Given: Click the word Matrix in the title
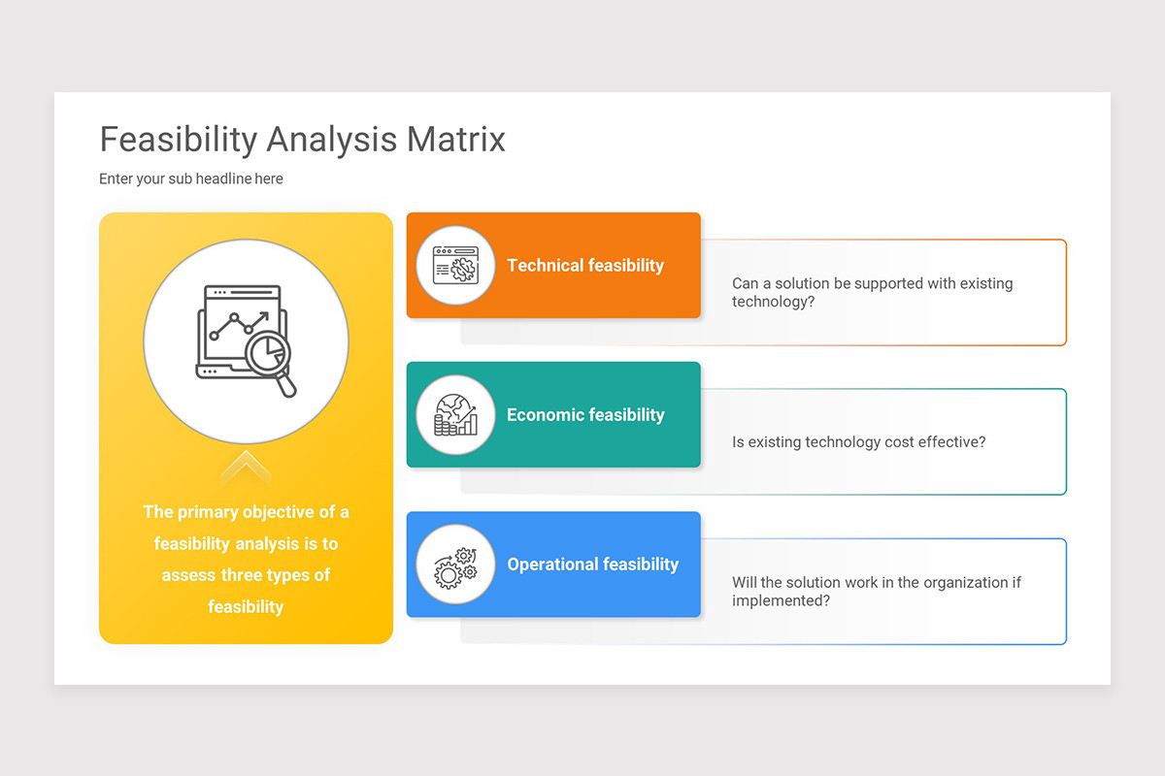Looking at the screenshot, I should (x=455, y=140).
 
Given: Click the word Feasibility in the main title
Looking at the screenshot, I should (x=178, y=140).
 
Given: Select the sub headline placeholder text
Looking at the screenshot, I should (x=191, y=178).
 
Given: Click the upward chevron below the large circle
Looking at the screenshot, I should (x=246, y=468).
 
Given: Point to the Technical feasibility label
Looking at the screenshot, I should (x=584, y=266).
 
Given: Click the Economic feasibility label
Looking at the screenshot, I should (x=585, y=415).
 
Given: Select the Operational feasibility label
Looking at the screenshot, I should (x=592, y=565).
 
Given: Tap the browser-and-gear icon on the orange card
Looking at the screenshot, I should (x=455, y=265).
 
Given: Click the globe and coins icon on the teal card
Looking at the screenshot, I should (x=455, y=414).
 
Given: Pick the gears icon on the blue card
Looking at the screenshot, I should (x=455, y=565).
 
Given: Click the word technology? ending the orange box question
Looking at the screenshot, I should (x=773, y=302).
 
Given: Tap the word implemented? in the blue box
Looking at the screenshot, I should (x=781, y=600).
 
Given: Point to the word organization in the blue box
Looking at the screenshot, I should (x=939, y=583).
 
